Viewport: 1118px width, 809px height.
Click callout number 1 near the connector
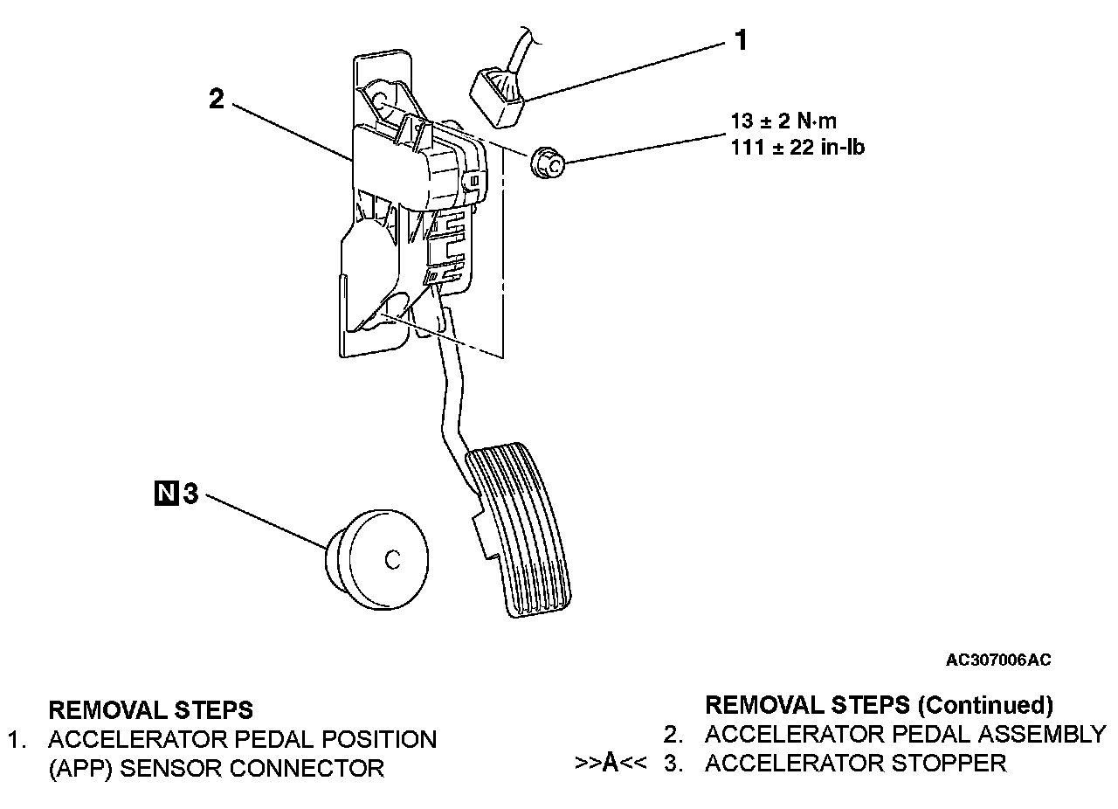click(x=740, y=40)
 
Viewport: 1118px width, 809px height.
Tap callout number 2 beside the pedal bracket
click(x=217, y=99)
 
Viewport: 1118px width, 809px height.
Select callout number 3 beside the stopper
click(x=190, y=495)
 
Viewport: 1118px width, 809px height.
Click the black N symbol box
click(x=164, y=495)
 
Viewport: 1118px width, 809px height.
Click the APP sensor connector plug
click(x=498, y=93)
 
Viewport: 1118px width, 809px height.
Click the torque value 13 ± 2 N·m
click(x=783, y=121)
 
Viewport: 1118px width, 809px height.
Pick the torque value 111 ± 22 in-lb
click(x=797, y=148)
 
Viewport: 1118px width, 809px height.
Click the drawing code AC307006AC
click(x=998, y=660)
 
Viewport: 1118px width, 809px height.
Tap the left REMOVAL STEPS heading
click(x=151, y=709)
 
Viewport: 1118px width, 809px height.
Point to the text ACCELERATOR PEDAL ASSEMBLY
click(x=905, y=734)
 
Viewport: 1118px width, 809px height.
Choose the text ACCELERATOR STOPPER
click(x=855, y=763)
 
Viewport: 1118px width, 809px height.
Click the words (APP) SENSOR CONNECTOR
click(x=216, y=769)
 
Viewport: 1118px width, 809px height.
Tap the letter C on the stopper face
click(x=393, y=560)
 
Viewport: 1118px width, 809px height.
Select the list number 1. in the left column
click(x=18, y=740)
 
